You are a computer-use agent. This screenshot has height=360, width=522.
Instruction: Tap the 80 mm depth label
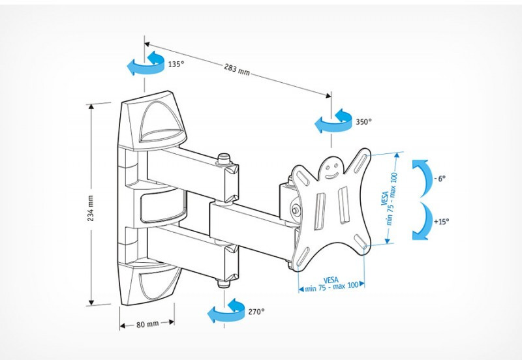tap(147, 323)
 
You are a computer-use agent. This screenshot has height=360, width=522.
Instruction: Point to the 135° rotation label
tap(175, 65)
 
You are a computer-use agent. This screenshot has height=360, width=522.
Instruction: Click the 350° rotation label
tap(363, 121)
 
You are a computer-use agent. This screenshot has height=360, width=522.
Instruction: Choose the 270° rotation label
tap(256, 312)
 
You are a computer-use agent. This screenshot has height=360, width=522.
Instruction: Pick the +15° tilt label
tap(440, 222)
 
